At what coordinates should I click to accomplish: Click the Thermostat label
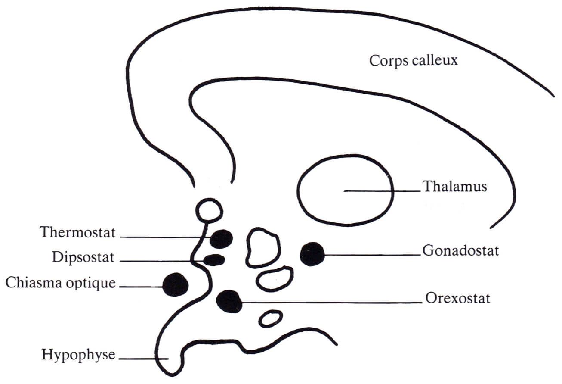[x=77, y=232]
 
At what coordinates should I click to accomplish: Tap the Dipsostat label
[x=83, y=257]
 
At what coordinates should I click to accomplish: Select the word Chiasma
[x=34, y=282]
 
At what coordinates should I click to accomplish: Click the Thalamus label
[x=455, y=187]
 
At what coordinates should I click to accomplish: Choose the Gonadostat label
[x=460, y=251]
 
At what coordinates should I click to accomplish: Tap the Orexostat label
[x=457, y=298]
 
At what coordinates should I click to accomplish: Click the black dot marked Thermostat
[x=221, y=239]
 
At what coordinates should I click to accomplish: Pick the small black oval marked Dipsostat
[x=214, y=260]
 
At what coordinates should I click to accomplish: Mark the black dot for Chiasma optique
[x=176, y=284]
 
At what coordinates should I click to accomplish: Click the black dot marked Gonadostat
[x=312, y=254]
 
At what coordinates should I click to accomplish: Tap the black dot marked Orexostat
[x=229, y=301]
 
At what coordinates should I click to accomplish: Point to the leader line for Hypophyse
[x=143, y=359]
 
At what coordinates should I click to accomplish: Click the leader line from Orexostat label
[x=332, y=303]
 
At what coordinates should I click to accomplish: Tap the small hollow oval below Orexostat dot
[x=271, y=312]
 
